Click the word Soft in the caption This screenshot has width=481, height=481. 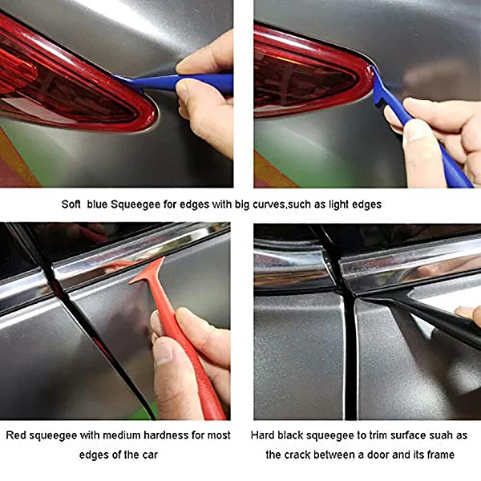73,204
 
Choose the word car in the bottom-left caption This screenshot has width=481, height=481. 144,455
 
